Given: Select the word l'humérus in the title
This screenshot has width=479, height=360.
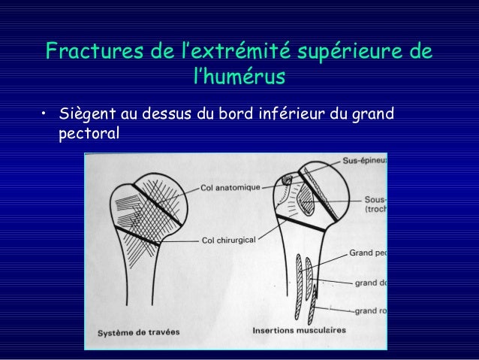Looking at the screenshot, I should click(239, 77).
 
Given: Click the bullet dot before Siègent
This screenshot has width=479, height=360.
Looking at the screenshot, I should click(44, 115).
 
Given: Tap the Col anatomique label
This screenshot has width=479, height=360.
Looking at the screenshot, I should click(230, 186).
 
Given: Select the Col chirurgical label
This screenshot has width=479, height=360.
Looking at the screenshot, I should click(229, 241).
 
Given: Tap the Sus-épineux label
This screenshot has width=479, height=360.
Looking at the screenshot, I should click(364, 160).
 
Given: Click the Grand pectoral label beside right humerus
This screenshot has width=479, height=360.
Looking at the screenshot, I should click(368, 254).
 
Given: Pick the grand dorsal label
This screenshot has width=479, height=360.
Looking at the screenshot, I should click(370, 283).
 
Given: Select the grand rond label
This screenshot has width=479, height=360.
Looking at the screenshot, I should click(370, 310).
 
